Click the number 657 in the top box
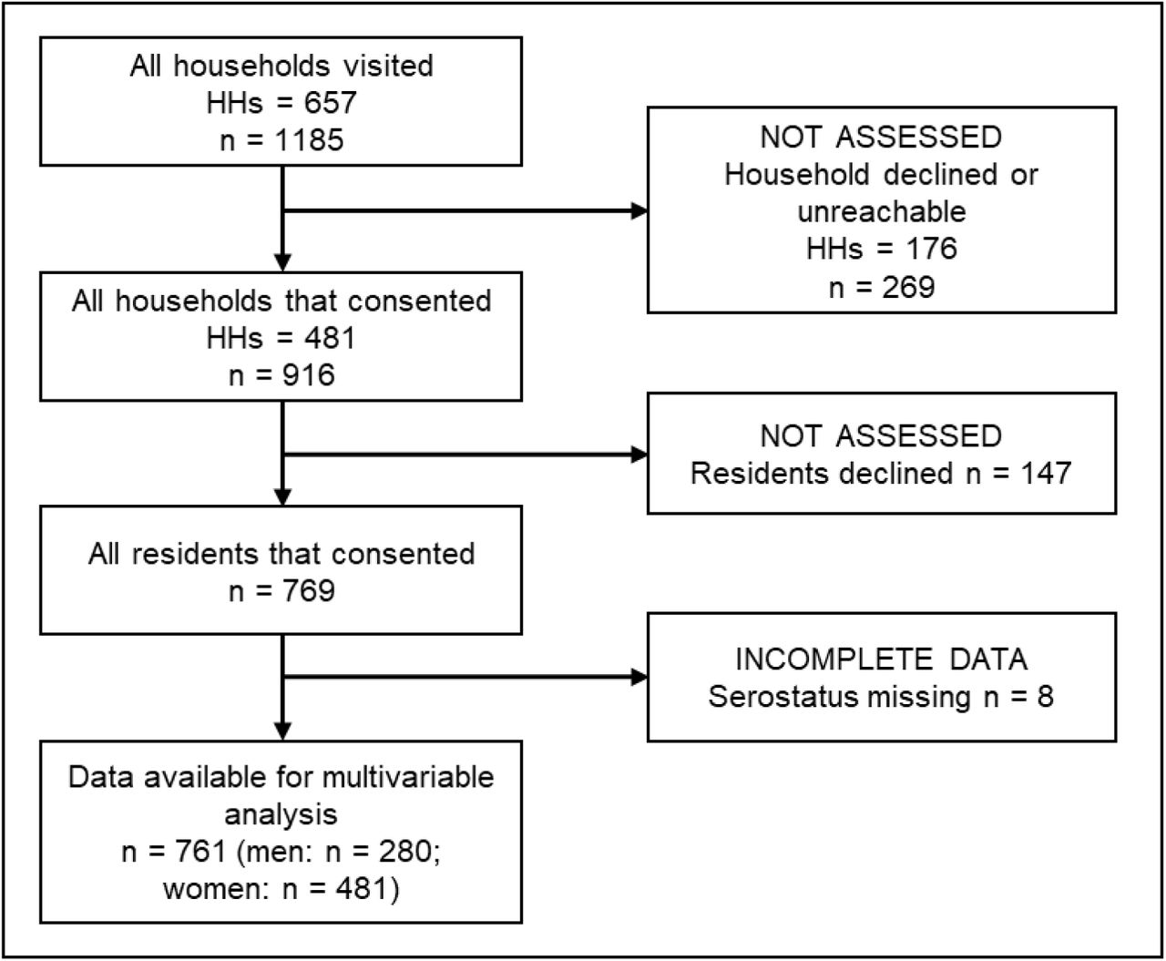pyautogui.click(x=330, y=103)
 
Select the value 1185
pyautogui.click(x=309, y=139)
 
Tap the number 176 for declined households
pyautogui.click(x=931, y=249)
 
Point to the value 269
pyautogui.click(x=908, y=288)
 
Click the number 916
pyautogui.click(x=309, y=374)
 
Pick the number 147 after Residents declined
pyautogui.click(x=1046, y=474)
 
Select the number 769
pyautogui.click(x=309, y=590)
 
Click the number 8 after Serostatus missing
pyautogui.click(x=1046, y=697)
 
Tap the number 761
pyautogui.click(x=200, y=852)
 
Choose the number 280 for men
pyautogui.click(x=404, y=852)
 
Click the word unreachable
pyautogui.click(x=882, y=211)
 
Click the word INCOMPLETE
pyautogui.click(x=834, y=659)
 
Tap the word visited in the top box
pyautogui.click(x=388, y=66)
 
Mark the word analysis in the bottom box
pyautogui.click(x=281, y=815)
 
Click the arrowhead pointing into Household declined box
pyautogui.click(x=639, y=211)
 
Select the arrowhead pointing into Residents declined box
pyautogui.click(x=639, y=455)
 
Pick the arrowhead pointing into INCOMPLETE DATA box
pyautogui.click(x=639, y=678)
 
